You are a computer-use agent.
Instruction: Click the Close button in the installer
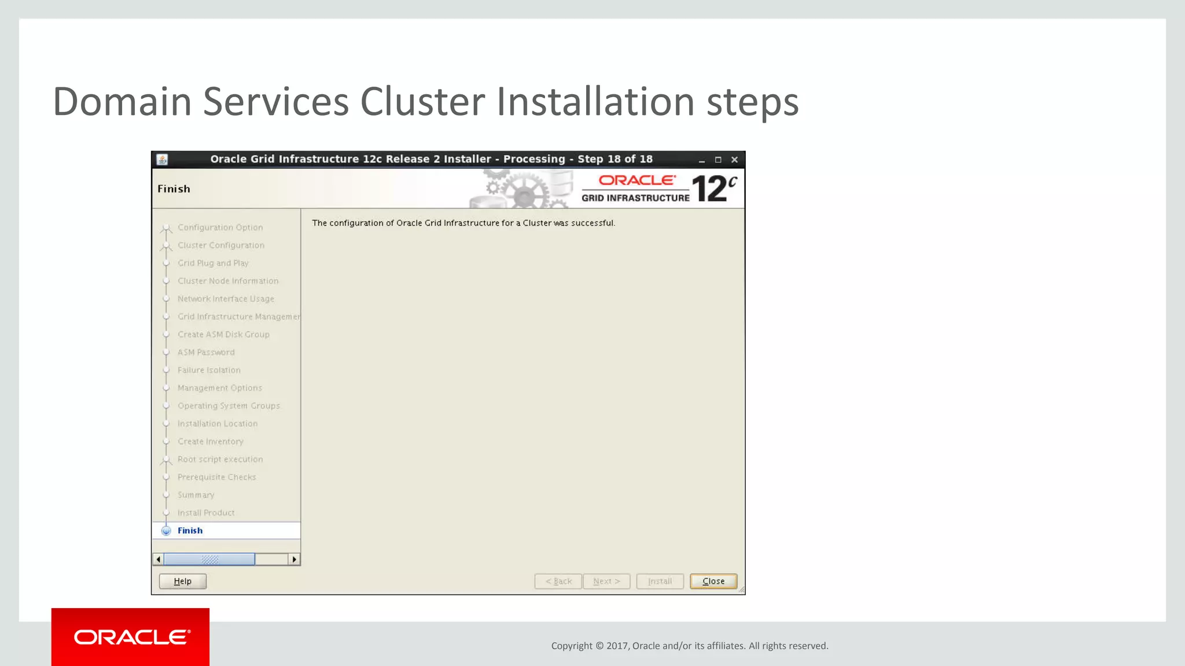[713, 581]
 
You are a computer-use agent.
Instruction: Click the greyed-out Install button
[660, 581]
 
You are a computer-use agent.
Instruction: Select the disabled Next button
[606, 581]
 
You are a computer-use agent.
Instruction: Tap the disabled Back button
[558, 581]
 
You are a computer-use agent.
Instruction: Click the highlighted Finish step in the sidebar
[190, 531]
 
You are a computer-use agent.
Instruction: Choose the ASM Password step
[206, 352]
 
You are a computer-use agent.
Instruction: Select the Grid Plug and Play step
[213, 263]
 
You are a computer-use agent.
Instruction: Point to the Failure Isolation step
[209, 370]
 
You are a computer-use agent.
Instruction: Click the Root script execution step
[220, 459]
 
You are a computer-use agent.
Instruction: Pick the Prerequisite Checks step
[216, 477]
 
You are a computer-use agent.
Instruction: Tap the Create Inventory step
[210, 442]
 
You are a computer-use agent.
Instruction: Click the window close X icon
[734, 160]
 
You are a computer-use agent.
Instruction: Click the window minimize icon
[702, 160]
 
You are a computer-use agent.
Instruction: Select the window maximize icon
[718, 160]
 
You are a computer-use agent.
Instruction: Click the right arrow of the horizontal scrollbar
[295, 559]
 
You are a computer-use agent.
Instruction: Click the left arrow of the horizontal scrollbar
[159, 559]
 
